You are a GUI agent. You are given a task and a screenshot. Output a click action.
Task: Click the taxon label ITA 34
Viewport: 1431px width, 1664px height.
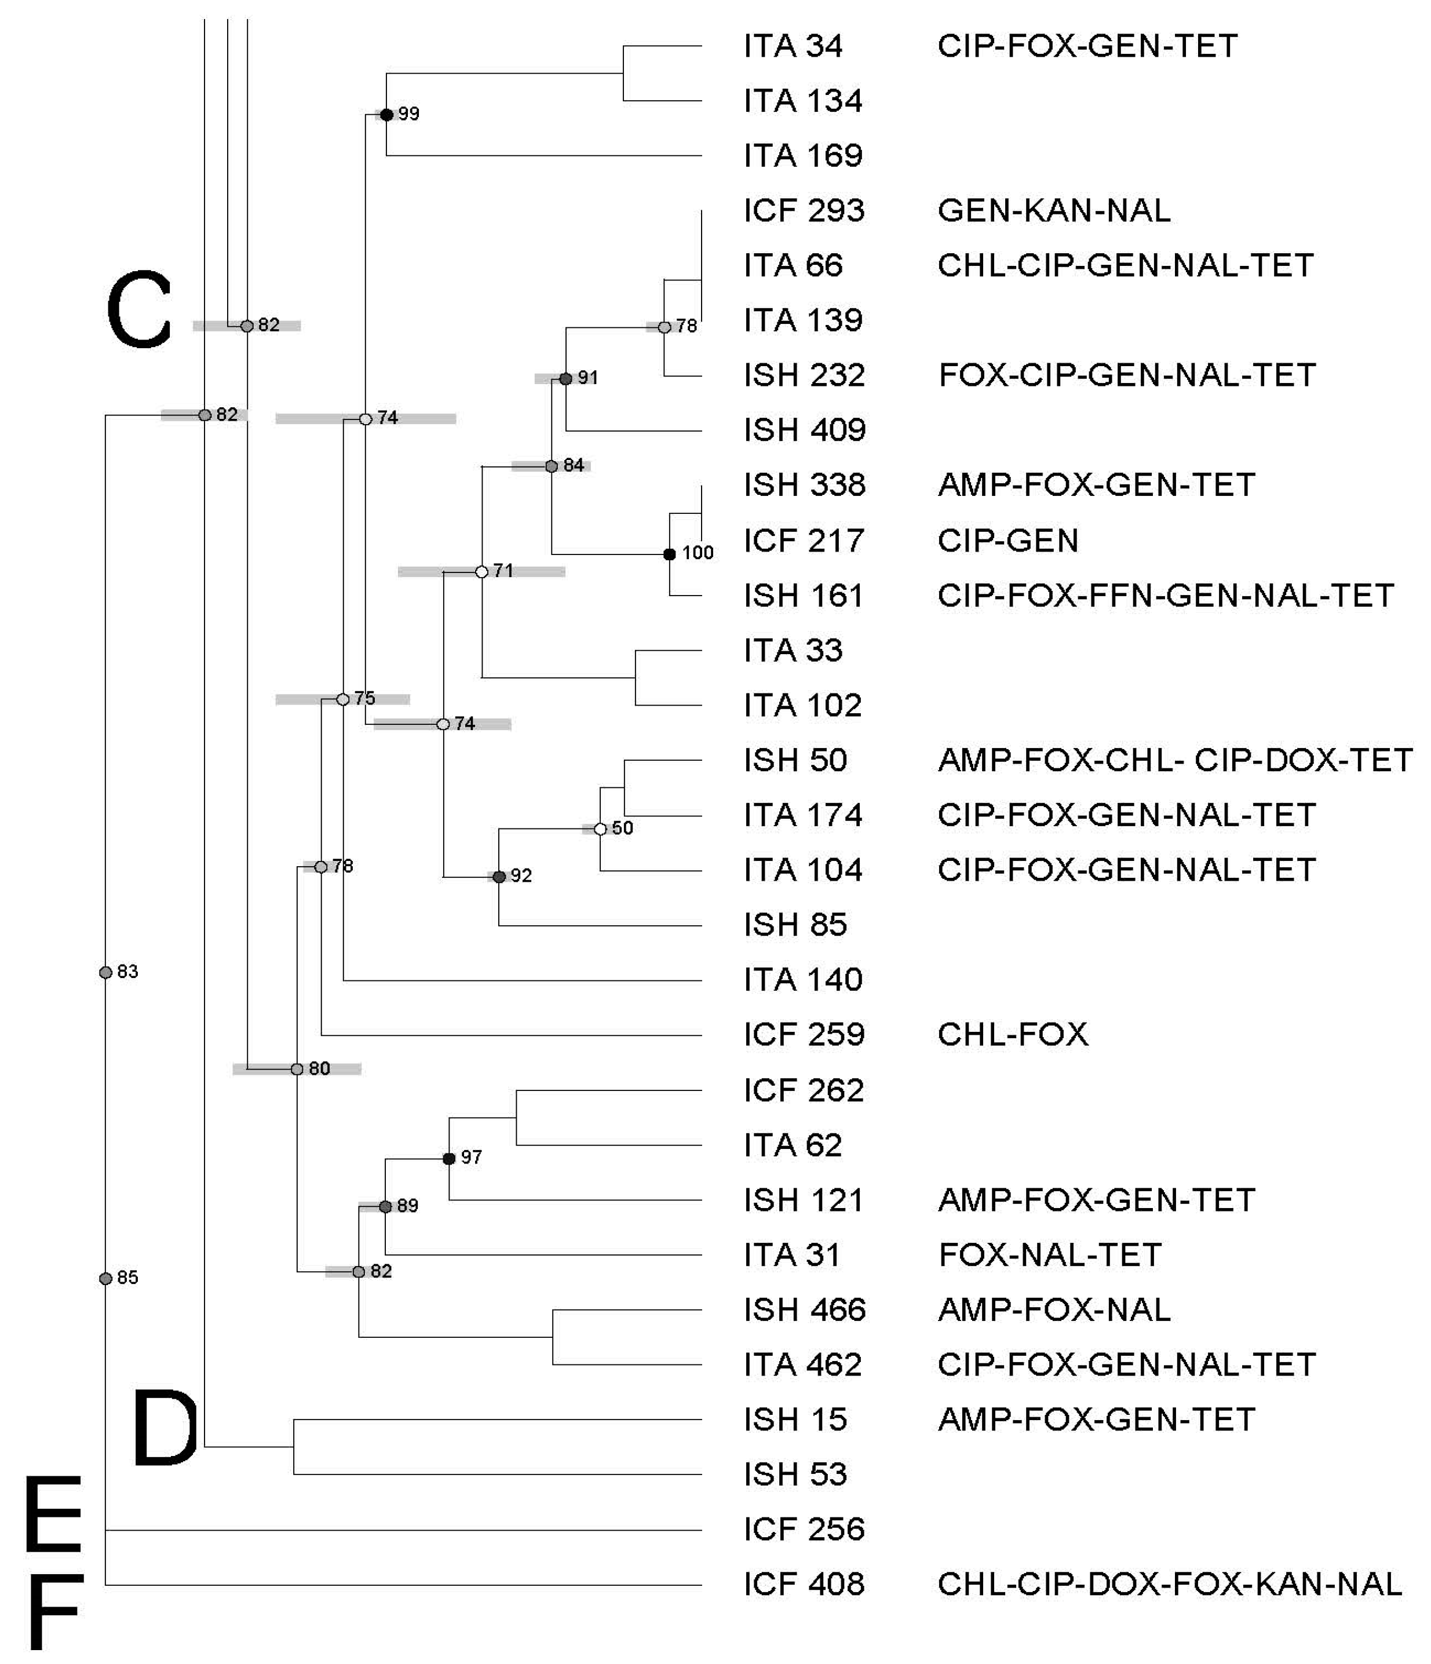click(x=793, y=46)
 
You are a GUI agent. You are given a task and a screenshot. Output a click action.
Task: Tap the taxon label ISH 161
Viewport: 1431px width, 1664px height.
click(x=804, y=596)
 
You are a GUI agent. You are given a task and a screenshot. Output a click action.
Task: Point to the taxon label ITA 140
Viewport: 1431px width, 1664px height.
click(x=802, y=980)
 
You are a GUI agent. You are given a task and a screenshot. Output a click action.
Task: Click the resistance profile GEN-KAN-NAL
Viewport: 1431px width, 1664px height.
click(x=1054, y=210)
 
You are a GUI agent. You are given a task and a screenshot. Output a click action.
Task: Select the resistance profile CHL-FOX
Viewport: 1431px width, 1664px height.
click(x=1013, y=1034)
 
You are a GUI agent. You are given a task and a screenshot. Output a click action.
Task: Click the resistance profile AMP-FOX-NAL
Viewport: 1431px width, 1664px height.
click(x=1054, y=1310)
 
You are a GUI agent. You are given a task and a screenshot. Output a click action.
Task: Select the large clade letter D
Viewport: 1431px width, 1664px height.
click(x=165, y=1429)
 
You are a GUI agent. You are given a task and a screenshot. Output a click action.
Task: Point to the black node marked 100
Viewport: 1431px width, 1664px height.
click(x=669, y=554)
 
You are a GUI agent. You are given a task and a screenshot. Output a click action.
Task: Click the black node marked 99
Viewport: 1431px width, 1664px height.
click(x=386, y=115)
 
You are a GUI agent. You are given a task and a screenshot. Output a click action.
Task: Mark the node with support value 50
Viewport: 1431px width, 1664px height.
click(x=600, y=829)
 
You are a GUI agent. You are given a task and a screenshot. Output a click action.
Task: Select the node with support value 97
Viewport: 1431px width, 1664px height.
click(x=449, y=1158)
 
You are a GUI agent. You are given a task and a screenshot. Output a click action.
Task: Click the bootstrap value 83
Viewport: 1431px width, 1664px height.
click(x=127, y=972)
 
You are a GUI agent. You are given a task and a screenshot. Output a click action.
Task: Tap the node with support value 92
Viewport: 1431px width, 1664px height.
click(x=499, y=877)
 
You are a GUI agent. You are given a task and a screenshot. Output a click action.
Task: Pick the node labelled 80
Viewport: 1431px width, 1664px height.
click(x=297, y=1069)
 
